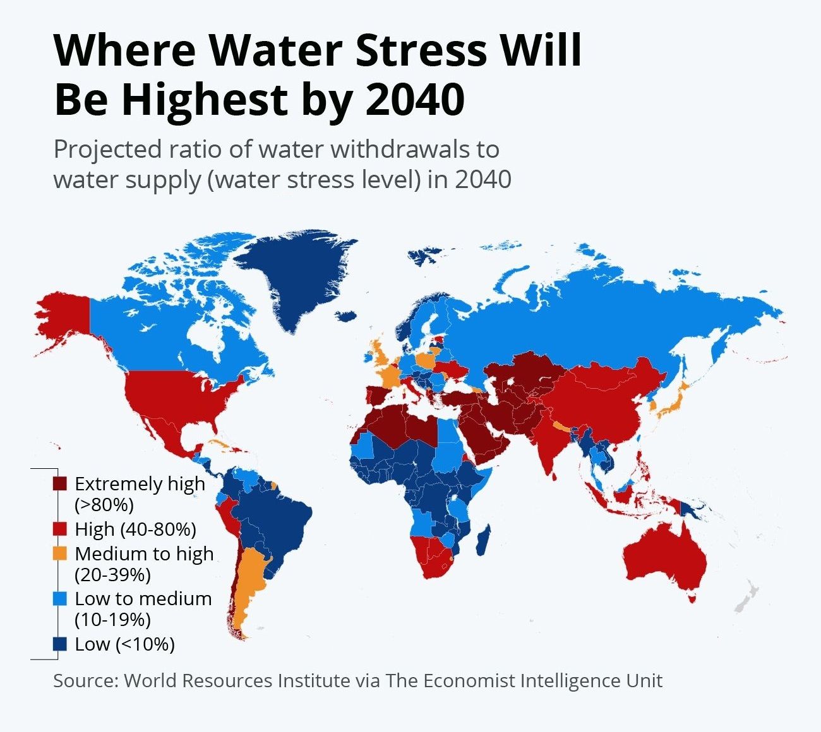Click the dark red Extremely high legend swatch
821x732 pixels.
click(60, 484)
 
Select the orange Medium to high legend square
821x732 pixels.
click(60, 554)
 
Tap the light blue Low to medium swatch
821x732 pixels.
click(60, 599)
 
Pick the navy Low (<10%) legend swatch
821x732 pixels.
click(60, 644)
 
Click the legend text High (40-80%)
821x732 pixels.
click(135, 529)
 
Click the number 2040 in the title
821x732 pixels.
click(415, 99)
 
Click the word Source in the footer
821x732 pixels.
click(85, 681)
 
